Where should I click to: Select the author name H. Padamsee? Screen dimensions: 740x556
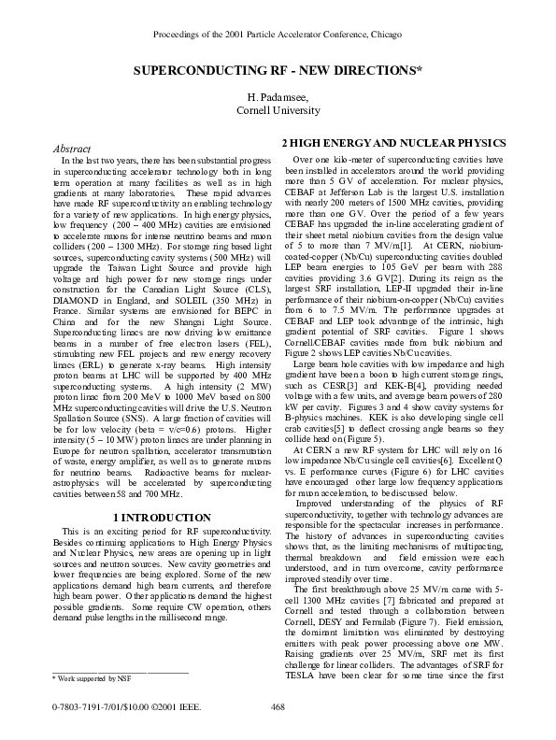278,97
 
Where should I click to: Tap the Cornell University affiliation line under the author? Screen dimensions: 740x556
278,110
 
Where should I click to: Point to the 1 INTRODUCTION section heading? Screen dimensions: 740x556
161,517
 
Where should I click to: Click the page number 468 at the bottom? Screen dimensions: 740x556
278,707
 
